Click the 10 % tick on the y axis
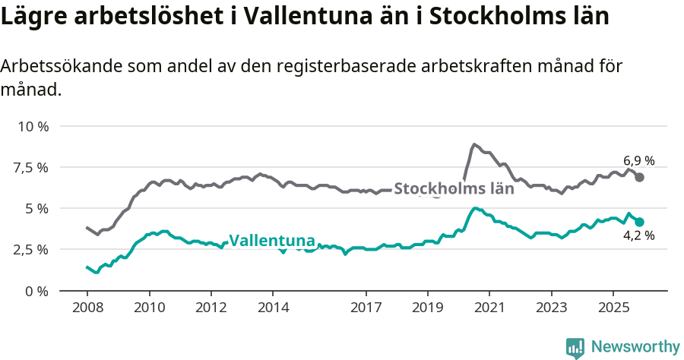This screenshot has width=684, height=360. (x=32, y=126)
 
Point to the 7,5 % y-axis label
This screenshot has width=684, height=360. (x=30, y=167)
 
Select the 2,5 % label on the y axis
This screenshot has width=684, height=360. (x=30, y=249)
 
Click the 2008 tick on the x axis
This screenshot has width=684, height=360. (x=87, y=309)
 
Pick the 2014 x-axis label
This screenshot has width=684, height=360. (x=273, y=309)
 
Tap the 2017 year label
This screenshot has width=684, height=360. (x=366, y=309)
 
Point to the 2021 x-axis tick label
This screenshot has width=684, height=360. (x=489, y=309)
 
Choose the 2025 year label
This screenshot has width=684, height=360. (x=613, y=309)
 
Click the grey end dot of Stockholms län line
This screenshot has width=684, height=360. (x=640, y=177)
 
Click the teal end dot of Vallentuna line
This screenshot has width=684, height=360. (x=640, y=222)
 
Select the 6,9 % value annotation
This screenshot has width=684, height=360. (x=638, y=160)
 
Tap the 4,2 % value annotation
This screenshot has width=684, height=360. (x=638, y=235)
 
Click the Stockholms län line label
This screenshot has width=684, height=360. (x=454, y=188)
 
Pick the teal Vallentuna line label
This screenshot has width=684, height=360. (x=271, y=241)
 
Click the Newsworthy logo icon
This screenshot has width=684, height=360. (x=575, y=347)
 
